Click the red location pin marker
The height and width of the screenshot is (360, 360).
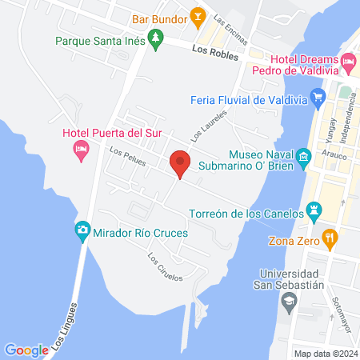point(181,162)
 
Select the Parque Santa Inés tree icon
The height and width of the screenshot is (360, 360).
point(157,37)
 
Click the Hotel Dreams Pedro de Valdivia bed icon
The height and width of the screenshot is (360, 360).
point(348,62)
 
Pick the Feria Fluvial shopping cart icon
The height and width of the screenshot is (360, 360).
point(318,100)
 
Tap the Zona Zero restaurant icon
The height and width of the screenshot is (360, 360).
point(330,238)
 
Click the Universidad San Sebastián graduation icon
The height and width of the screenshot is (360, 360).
point(290,302)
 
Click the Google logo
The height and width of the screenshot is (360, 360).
point(26,350)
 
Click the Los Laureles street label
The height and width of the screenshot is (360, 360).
point(210,126)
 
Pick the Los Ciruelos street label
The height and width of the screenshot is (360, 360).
point(166,267)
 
